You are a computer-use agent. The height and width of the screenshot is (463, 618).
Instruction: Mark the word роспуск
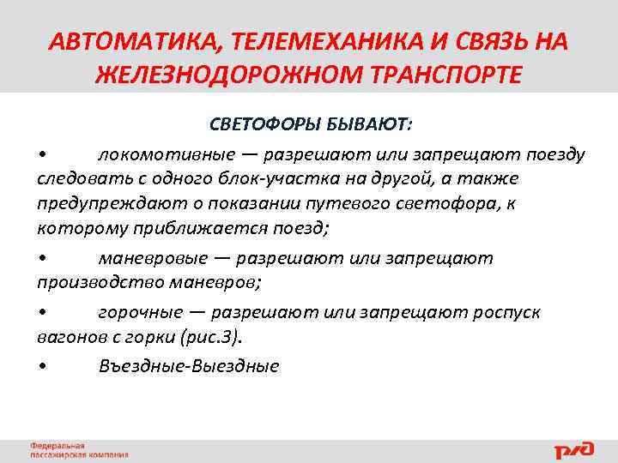506,312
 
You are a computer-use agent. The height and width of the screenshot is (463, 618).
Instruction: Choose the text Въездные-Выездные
189,366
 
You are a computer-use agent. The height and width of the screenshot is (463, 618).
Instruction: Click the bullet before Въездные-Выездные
42,367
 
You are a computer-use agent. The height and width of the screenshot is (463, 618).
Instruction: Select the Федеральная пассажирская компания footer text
78,450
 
